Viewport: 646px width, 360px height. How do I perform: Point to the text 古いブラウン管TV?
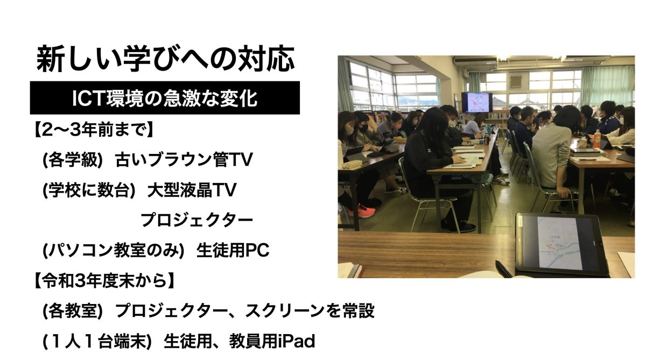(x=184, y=160)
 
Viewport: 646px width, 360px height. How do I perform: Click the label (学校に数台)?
(x=89, y=190)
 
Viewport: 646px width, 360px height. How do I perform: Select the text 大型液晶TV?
(x=192, y=190)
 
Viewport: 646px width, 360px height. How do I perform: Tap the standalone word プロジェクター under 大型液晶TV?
(x=196, y=220)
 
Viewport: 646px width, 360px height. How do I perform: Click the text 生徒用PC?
(x=233, y=250)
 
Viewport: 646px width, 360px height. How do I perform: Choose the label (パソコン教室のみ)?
(x=114, y=250)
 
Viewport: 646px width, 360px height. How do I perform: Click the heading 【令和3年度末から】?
(x=104, y=280)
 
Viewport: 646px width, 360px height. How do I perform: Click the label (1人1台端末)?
(x=97, y=341)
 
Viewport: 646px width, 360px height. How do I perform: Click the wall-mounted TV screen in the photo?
(x=477, y=102)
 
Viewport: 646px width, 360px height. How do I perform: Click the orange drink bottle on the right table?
(x=597, y=138)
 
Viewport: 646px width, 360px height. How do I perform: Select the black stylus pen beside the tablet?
(x=503, y=269)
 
